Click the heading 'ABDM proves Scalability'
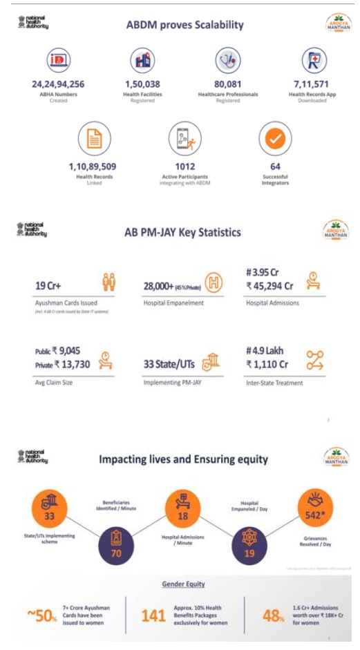[184, 25]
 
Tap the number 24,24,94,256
[58, 84]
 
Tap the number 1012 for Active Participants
[184, 166]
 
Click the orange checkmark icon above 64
[275, 138]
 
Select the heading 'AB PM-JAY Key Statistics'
[182, 232]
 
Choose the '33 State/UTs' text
[166, 363]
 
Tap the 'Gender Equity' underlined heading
[183, 584]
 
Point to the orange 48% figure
[274, 615]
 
